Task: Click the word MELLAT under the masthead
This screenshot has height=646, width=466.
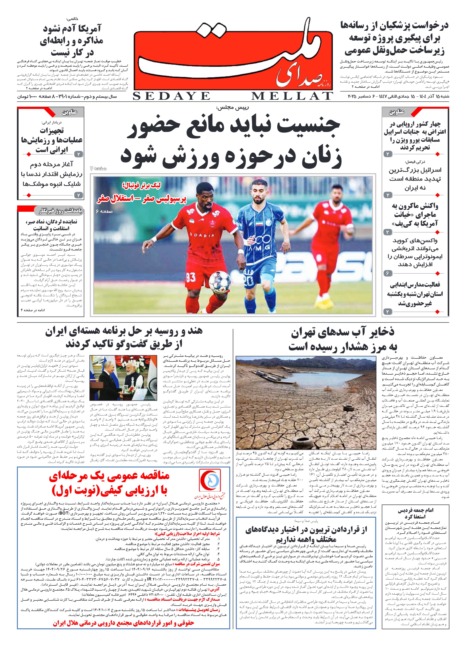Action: pyautogui.click(x=292, y=96)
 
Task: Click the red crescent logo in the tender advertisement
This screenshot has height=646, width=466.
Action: pyautogui.click(x=210, y=481)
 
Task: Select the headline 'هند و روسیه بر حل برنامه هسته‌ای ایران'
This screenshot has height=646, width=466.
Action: pyautogui.click(x=124, y=331)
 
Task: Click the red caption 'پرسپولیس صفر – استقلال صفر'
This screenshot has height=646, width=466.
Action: pyautogui.click(x=142, y=199)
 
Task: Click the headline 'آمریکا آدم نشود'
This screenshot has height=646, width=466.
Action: pyautogui.click(x=72, y=28)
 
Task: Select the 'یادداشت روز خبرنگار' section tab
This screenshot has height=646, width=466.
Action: pyautogui.click(x=60, y=211)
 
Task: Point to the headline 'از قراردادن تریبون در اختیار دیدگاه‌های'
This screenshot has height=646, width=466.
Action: pyautogui.click(x=306, y=530)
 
